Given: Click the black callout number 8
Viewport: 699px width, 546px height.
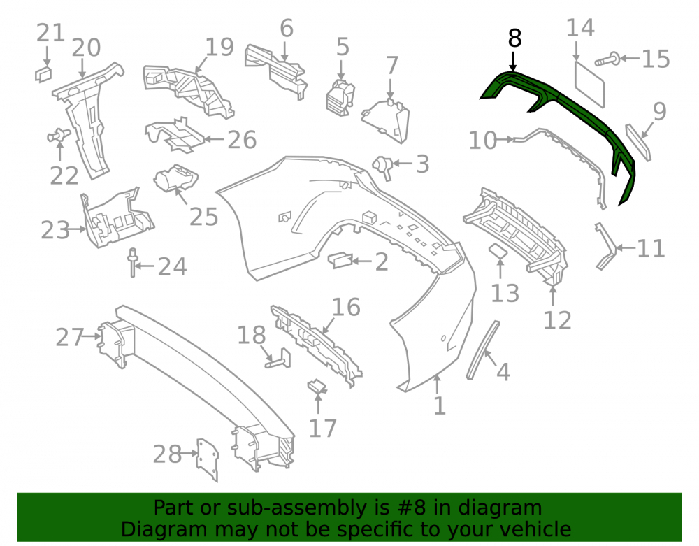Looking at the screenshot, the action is tap(514, 38).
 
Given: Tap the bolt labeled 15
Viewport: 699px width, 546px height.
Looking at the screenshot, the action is tap(607, 59).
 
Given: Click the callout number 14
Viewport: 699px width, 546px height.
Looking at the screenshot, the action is tap(580, 28).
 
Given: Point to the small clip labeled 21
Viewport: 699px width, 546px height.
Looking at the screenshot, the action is tap(43, 74).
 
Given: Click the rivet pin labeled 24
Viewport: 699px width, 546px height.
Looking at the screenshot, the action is tap(132, 263).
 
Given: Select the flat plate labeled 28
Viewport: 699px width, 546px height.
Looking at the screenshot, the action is tap(208, 460).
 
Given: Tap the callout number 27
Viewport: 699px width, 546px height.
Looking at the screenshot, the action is tap(69, 337).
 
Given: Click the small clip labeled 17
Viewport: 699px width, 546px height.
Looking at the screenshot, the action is tap(317, 386).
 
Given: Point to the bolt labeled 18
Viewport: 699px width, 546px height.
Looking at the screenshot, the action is tap(278, 359).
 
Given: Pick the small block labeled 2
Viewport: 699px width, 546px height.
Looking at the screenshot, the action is tap(340, 260).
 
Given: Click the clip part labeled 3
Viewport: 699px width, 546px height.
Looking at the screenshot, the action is tap(382, 167).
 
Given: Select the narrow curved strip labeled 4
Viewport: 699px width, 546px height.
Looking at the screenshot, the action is tap(483, 350).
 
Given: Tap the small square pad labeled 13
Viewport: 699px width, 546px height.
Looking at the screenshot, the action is tap(498, 251).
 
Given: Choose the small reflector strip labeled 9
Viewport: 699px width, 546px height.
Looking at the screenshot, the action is tap(638, 142).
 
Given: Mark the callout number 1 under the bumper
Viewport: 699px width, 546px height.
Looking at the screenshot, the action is tap(440, 405).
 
